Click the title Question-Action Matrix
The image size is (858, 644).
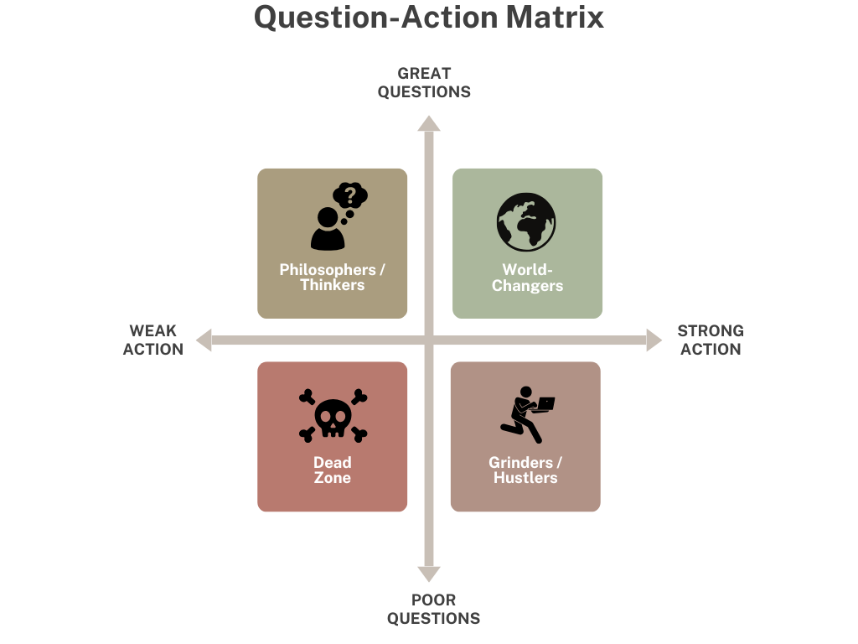pos(428,18)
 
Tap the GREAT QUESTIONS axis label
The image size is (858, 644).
pos(424,82)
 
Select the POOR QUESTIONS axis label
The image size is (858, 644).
pos(433,610)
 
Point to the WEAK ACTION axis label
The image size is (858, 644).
pos(153,340)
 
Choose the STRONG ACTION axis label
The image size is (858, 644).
pos(711,340)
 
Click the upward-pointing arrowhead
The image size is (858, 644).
pos(429,124)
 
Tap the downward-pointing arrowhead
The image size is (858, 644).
pos(429,574)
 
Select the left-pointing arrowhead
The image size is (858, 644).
pos(204,340)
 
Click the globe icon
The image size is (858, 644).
pos(526,222)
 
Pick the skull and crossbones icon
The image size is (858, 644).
pos(333,415)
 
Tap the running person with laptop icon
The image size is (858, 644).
pos(526,414)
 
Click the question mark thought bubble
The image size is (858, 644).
pos(350,199)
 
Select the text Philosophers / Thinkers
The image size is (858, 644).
pos(333,278)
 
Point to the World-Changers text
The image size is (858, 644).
pos(527,278)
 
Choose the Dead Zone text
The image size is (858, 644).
pos(333,470)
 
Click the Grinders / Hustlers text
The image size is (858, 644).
pos(525,470)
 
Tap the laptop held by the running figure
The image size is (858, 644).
pos(545,403)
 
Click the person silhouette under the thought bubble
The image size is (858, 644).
pos(328,230)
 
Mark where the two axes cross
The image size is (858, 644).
pos(429,340)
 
